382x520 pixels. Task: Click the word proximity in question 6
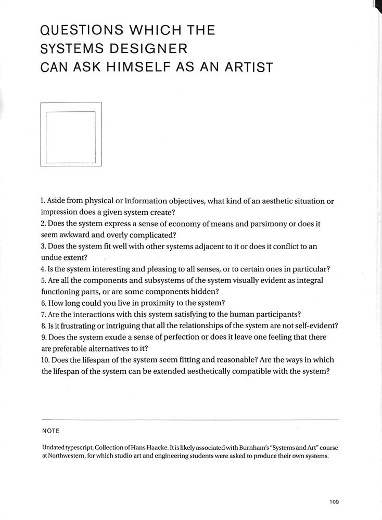(161, 303)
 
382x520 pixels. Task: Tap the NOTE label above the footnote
(50, 431)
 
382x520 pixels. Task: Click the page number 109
(334, 502)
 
